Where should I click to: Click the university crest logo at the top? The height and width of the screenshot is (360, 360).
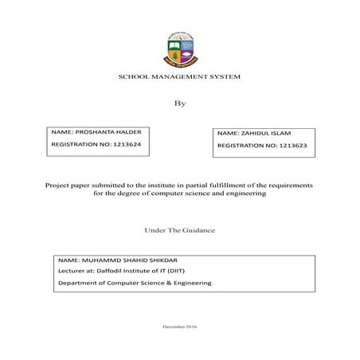click(x=179, y=50)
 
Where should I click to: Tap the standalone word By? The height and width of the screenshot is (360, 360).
click(x=179, y=103)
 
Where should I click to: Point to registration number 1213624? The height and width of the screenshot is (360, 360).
click(x=128, y=144)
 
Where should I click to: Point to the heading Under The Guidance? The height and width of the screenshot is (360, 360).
click(x=179, y=230)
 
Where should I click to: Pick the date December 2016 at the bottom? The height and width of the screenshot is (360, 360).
click(x=179, y=327)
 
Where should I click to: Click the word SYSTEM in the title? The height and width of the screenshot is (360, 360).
click(x=224, y=76)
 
